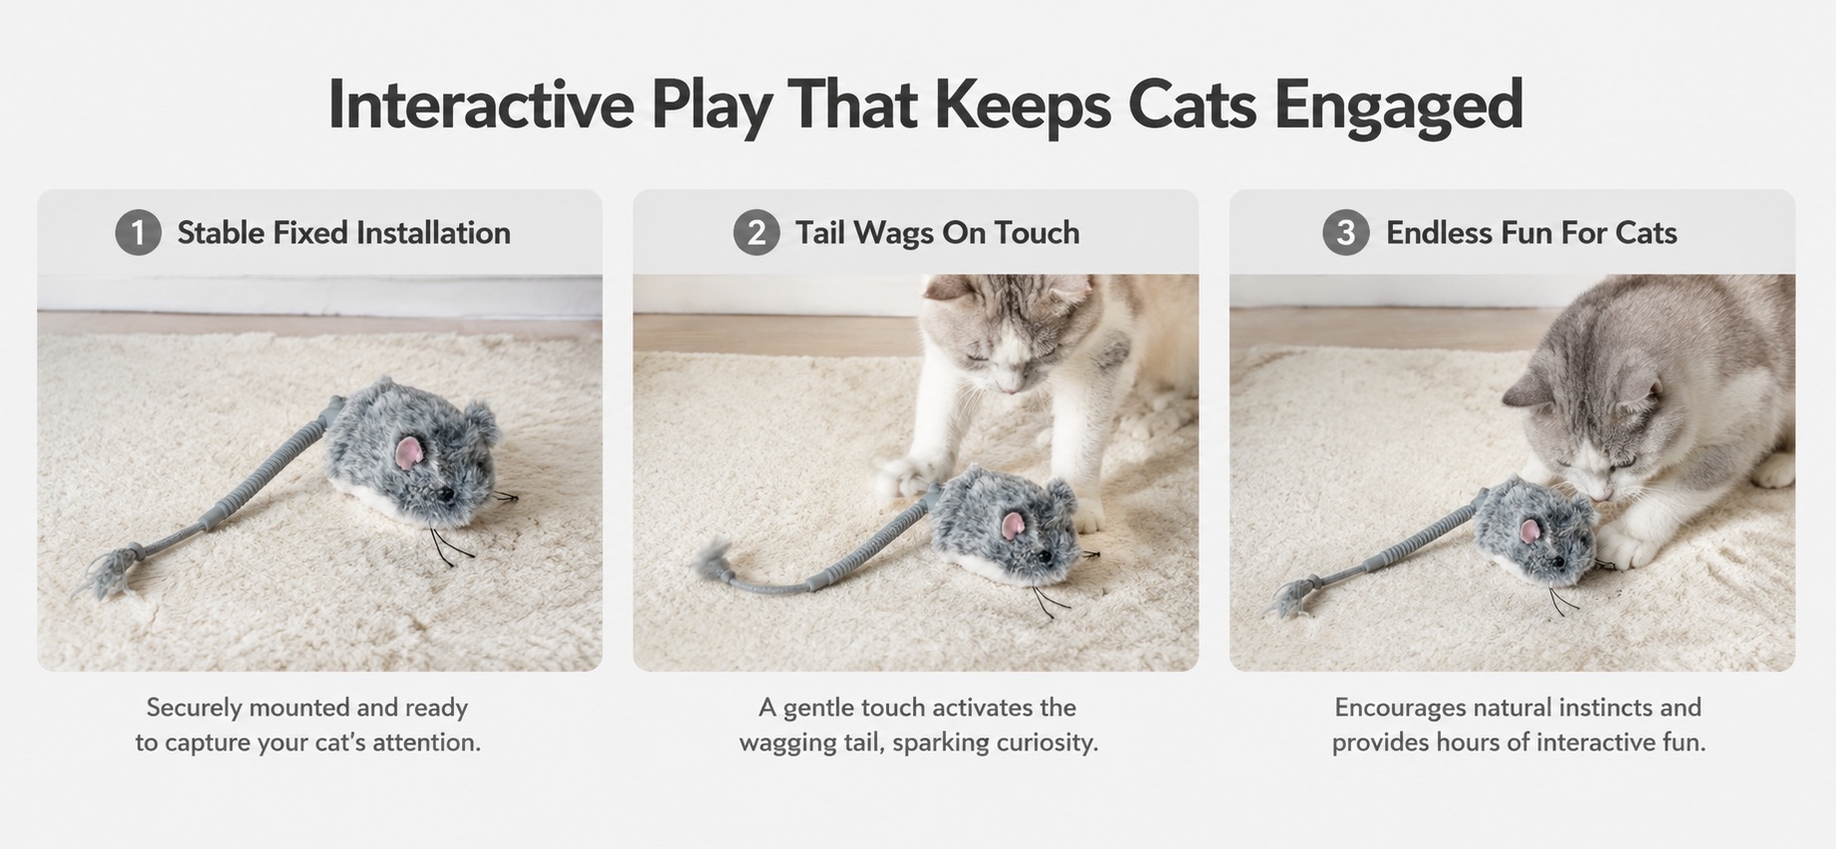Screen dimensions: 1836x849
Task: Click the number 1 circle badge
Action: click(x=138, y=232)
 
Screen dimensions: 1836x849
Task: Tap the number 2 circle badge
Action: click(x=757, y=232)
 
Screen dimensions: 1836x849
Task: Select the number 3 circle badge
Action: click(x=1345, y=232)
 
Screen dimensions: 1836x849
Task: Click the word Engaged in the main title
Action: click(x=1399, y=105)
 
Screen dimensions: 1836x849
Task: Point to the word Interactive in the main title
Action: click(x=481, y=104)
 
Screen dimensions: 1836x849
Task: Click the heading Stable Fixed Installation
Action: click(x=344, y=233)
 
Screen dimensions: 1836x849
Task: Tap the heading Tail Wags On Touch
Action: click(x=937, y=233)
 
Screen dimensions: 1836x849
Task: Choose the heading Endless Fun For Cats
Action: click(x=1531, y=233)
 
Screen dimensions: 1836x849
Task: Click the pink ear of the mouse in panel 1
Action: click(x=408, y=453)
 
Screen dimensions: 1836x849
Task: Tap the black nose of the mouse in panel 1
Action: click(x=447, y=493)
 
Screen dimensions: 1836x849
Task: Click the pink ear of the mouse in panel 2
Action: click(x=1015, y=526)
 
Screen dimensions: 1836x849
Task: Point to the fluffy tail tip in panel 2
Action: click(x=711, y=559)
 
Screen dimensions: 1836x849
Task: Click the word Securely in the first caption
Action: click(x=194, y=709)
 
